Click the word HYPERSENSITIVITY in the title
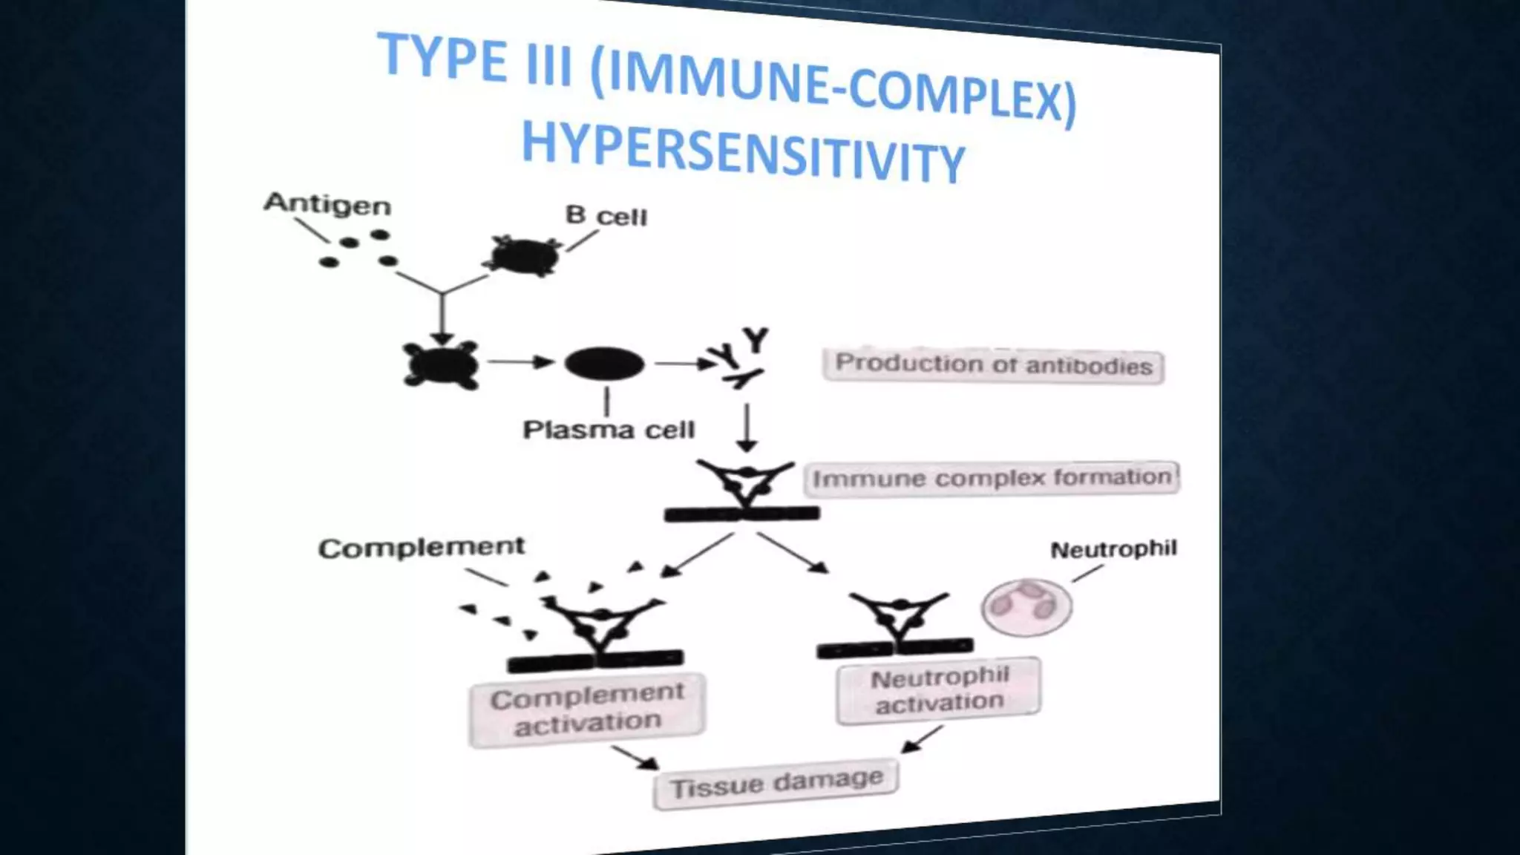point(742,152)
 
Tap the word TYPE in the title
point(443,57)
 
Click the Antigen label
point(327,203)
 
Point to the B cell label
point(606,216)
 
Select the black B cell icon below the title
point(524,256)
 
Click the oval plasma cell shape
point(604,364)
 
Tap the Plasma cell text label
point(609,430)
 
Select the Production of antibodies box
point(993,365)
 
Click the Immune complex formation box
point(992,478)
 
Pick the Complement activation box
point(587,708)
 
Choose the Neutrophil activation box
point(939,689)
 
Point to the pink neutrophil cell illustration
point(1026,607)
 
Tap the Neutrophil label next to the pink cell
point(1113,550)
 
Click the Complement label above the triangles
point(421,548)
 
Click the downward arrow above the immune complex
point(747,427)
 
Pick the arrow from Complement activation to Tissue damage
point(635,757)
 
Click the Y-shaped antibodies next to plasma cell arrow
point(741,358)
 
